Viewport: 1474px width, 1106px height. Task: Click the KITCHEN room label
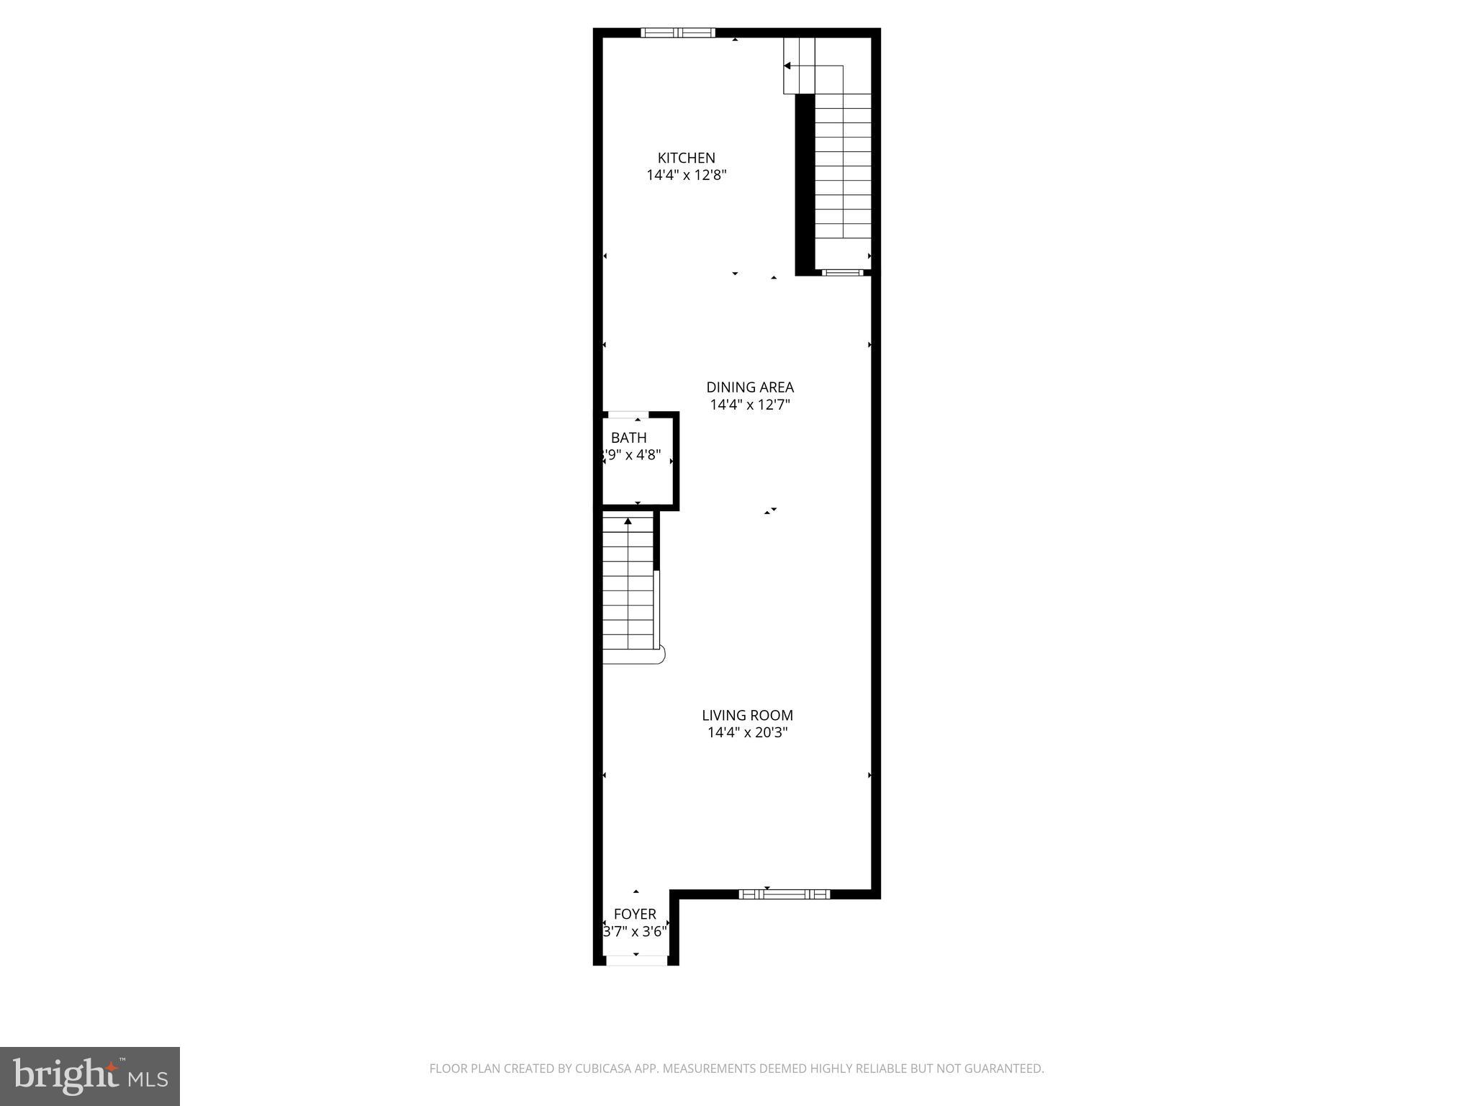[686, 158]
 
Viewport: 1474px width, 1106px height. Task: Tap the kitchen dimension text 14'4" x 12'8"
[686, 175]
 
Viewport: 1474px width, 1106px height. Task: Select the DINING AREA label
[750, 387]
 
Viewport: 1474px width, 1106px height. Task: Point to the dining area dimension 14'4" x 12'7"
[750, 405]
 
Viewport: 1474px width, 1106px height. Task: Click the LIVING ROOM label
[747, 715]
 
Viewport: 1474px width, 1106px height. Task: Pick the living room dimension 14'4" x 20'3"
[747, 733]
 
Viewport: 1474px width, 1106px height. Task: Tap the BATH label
[628, 438]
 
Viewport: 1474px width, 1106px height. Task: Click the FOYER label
[634, 914]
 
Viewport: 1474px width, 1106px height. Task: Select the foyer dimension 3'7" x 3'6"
[634, 932]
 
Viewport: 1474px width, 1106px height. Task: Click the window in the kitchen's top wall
[677, 32]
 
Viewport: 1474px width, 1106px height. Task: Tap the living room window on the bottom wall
[784, 894]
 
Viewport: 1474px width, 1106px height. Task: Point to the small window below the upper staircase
[842, 272]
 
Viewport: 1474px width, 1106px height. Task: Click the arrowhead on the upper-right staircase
[787, 66]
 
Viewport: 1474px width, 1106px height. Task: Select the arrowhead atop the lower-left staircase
[628, 521]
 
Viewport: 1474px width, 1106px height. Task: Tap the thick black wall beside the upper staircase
[804, 184]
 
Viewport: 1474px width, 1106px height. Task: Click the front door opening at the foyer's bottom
[636, 961]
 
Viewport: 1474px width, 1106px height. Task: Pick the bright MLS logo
[90, 1076]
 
